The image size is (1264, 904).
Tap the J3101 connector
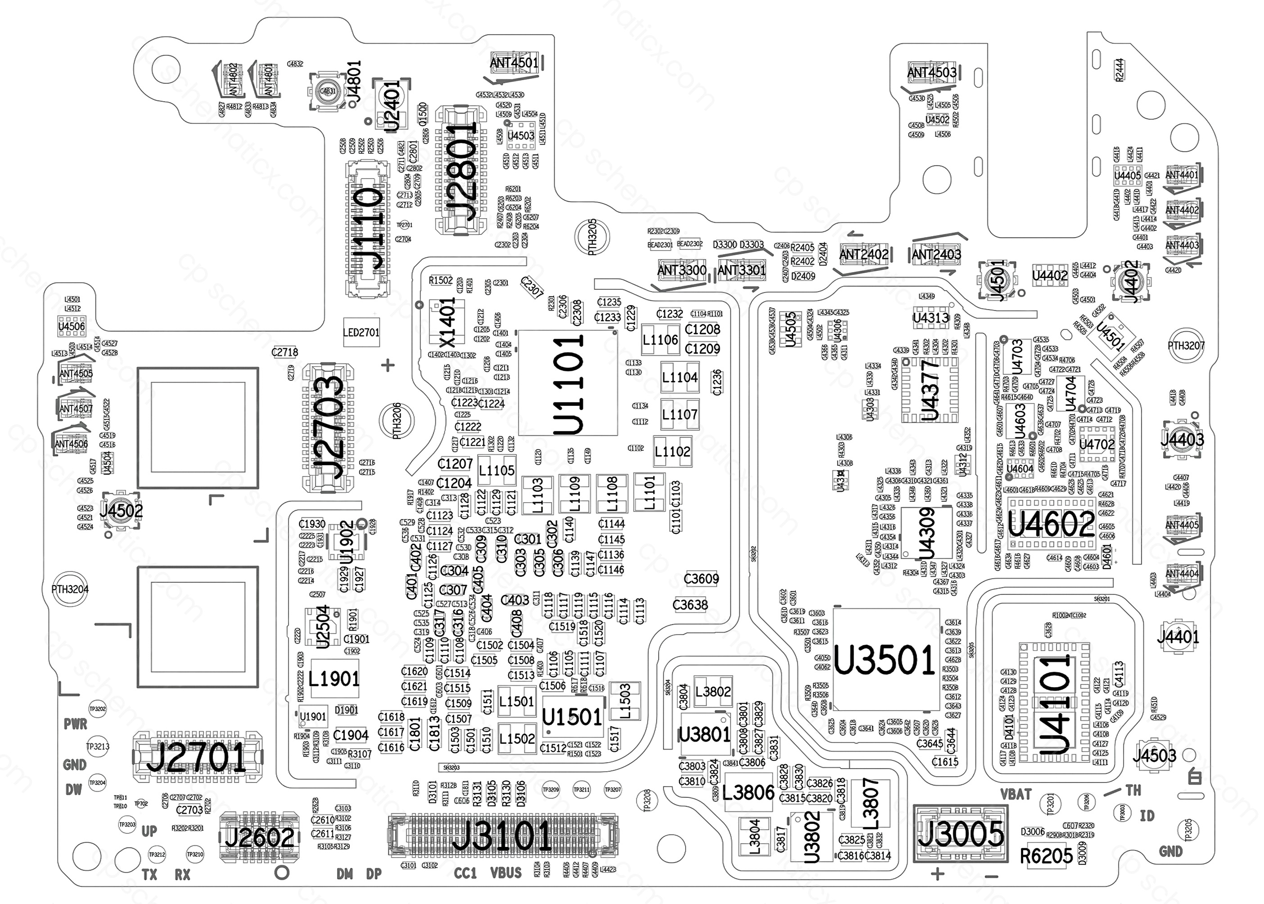click(503, 836)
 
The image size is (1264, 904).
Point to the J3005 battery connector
click(960, 833)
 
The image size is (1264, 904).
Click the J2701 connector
click(196, 756)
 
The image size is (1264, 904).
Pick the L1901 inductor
click(334, 679)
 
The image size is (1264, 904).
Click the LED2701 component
click(361, 333)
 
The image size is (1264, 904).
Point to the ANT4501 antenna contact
click(514, 63)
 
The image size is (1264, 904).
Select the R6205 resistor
click(1046, 855)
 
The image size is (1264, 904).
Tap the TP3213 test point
click(98, 747)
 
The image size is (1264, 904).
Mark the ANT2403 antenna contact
click(937, 254)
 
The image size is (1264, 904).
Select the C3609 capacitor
click(701, 579)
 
